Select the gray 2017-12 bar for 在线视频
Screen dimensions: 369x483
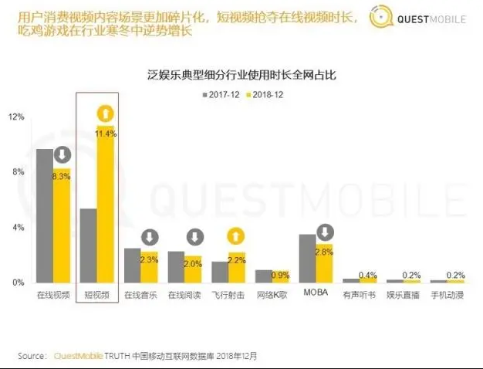click(45, 215)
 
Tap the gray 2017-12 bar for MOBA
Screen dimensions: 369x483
click(307, 258)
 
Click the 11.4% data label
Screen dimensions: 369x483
click(106, 134)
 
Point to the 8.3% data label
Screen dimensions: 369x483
click(62, 177)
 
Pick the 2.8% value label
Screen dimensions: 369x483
click(324, 252)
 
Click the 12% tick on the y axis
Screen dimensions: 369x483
click(16, 117)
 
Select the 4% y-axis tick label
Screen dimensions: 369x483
click(16, 227)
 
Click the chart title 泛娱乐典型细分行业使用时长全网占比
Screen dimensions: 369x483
click(241, 76)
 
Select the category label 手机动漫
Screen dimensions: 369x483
click(448, 295)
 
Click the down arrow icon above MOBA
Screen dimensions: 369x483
click(325, 232)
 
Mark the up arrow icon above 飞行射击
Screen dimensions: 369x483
click(237, 237)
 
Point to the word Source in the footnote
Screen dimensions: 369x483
click(33, 356)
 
